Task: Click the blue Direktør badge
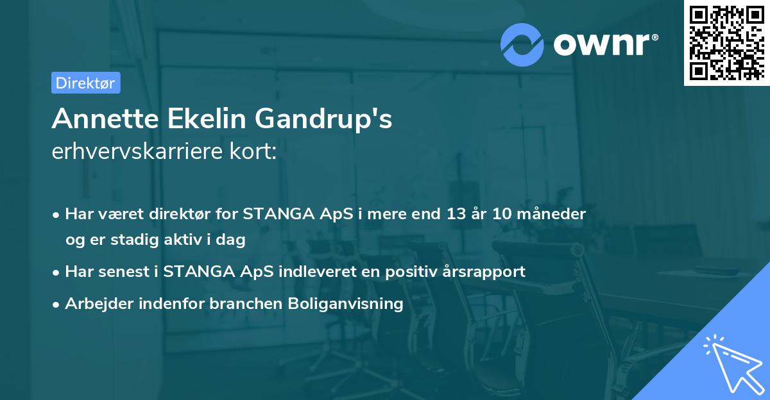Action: click(86, 83)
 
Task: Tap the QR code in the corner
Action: click(727, 43)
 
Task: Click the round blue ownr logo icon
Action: click(522, 45)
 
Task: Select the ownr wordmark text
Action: click(606, 44)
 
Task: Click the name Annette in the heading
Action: click(105, 119)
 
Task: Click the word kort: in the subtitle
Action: click(253, 151)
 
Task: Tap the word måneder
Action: click(551, 214)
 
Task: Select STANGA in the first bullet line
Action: click(278, 214)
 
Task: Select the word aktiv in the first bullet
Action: click(183, 240)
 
